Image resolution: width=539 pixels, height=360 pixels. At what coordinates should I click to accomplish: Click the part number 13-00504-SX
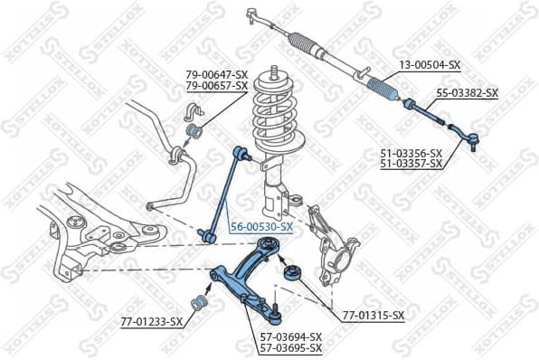430,66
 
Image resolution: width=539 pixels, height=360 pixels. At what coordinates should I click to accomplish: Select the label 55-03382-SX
468,92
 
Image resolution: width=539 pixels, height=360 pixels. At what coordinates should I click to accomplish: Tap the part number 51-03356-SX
411,153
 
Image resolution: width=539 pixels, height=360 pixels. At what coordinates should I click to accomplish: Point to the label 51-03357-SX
411,164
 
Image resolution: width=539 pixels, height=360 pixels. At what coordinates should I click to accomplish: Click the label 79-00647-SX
216,74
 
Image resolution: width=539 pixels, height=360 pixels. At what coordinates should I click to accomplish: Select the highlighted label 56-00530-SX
261,226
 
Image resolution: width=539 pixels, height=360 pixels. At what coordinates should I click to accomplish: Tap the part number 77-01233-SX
151,321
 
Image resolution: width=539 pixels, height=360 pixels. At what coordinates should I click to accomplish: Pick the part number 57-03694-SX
291,336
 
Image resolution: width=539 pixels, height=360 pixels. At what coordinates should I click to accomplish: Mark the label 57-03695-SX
291,347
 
